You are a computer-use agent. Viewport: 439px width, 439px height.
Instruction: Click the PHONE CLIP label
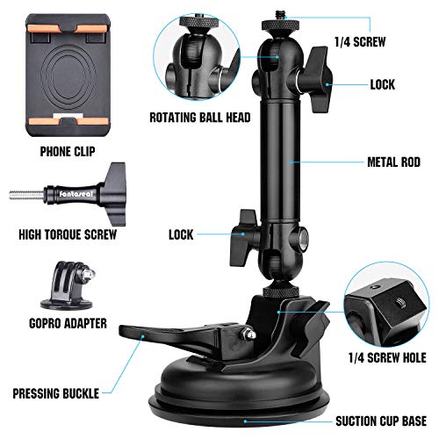coord(68,152)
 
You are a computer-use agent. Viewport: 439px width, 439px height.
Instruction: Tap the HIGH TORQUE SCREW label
coord(68,234)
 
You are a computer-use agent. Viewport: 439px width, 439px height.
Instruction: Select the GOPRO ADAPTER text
coord(68,323)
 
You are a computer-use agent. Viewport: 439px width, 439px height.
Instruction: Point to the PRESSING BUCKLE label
coord(56,393)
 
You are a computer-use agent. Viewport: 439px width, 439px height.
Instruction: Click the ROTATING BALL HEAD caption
coord(200,118)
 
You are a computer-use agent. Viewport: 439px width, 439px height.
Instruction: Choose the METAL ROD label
coord(394,162)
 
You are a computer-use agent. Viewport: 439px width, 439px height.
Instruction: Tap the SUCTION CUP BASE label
coord(381,421)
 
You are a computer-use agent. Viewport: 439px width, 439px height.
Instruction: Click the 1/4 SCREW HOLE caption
coord(387,357)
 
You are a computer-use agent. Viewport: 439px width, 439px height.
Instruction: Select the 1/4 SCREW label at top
coord(360,42)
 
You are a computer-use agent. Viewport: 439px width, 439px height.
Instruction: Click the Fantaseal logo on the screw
coord(76,194)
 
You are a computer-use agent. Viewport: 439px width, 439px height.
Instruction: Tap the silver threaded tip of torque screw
coord(26,195)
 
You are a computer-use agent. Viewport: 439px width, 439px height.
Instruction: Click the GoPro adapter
coord(68,285)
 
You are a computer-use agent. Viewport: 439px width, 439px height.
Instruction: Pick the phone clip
coord(68,76)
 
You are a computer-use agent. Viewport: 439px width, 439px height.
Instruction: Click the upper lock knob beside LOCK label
coord(314,79)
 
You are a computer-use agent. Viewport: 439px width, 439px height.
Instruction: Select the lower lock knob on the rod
coord(243,238)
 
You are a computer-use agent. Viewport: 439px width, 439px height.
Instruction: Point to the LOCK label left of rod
coord(181,234)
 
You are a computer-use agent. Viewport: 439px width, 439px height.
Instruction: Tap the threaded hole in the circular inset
coord(399,302)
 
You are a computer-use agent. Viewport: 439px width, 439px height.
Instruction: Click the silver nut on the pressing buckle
coord(248,335)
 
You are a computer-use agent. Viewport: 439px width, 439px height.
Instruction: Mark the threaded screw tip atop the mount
coord(280,15)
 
